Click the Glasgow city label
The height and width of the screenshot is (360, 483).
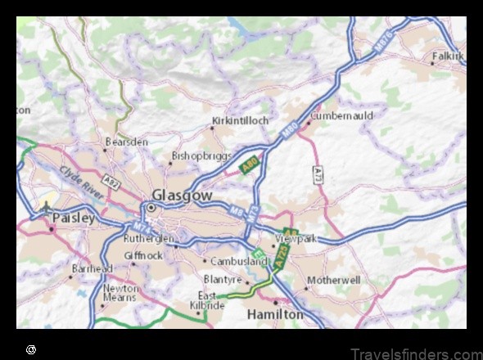pyautogui.click(x=182, y=196)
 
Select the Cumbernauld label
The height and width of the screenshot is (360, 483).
pyautogui.click(x=341, y=116)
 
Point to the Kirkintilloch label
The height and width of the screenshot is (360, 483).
pyautogui.click(x=240, y=120)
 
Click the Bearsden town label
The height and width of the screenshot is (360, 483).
pyautogui.click(x=126, y=142)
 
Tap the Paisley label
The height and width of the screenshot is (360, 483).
pyautogui.click(x=74, y=218)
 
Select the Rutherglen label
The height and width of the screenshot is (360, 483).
pyautogui.click(x=148, y=239)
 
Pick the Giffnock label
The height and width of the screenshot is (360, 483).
pyautogui.click(x=143, y=254)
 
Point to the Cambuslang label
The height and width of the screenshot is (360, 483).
pyautogui.click(x=240, y=262)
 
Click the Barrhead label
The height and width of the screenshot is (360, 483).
pyautogui.click(x=93, y=268)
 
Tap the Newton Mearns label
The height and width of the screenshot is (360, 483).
pyautogui.click(x=120, y=293)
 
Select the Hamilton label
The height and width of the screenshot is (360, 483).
pyautogui.click(x=275, y=314)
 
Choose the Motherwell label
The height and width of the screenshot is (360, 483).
pyautogui.click(x=333, y=280)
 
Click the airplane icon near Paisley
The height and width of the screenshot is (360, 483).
pyautogui.click(x=47, y=207)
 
